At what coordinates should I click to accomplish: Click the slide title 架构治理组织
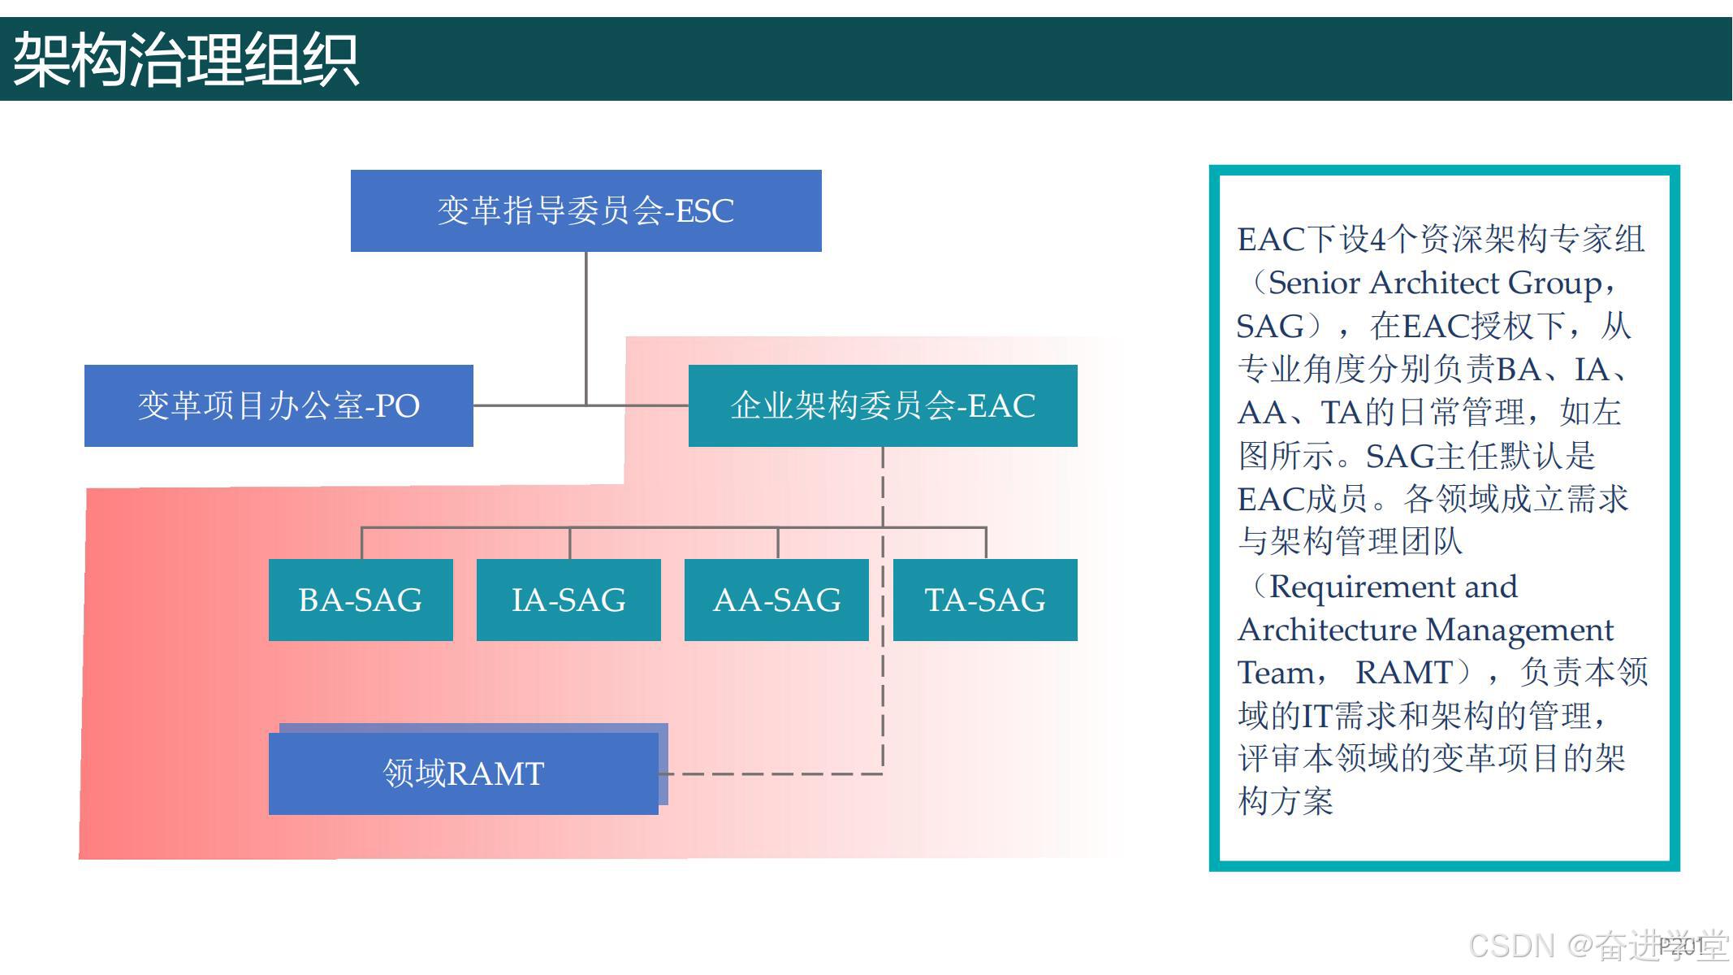point(185,60)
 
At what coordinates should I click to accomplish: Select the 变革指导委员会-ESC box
point(586,210)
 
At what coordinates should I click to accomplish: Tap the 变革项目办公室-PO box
point(279,405)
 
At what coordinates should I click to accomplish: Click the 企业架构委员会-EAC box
point(883,405)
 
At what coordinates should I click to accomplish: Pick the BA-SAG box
point(361,600)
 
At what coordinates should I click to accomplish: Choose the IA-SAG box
point(568,600)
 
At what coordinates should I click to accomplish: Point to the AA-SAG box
point(776,600)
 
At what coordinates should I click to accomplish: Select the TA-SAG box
point(985,600)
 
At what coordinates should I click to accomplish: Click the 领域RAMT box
point(463,773)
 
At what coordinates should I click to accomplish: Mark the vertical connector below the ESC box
point(586,325)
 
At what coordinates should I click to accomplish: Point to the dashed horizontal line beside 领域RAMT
point(771,773)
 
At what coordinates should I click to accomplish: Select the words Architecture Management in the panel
point(1425,630)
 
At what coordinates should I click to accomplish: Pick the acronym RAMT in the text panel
point(1403,673)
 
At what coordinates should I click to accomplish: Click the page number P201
point(1681,945)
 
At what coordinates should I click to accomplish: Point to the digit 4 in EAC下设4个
point(1377,240)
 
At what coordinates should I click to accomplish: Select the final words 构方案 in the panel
point(1286,802)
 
